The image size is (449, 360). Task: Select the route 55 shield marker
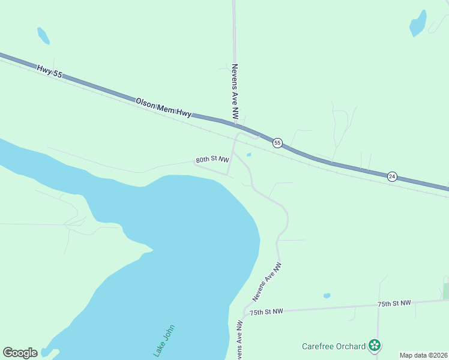pyautogui.click(x=277, y=143)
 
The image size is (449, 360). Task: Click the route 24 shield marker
pyautogui.click(x=392, y=176)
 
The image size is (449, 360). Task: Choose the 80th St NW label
pyautogui.click(x=212, y=160)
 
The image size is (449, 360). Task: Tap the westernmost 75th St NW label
pyautogui.click(x=265, y=312)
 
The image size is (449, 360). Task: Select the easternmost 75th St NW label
pyautogui.click(x=394, y=304)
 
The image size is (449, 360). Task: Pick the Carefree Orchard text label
pyautogui.click(x=333, y=346)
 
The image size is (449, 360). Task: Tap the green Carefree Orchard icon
pyautogui.click(x=375, y=346)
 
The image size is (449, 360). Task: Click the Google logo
pyautogui.click(x=20, y=353)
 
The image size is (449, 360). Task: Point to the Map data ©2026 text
pyautogui.click(x=423, y=355)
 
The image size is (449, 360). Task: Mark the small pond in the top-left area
pyautogui.click(x=43, y=35)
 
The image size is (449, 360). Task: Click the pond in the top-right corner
pyautogui.click(x=418, y=24)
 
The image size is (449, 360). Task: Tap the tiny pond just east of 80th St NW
pyautogui.click(x=249, y=155)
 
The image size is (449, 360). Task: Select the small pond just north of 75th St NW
pyautogui.click(x=327, y=296)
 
